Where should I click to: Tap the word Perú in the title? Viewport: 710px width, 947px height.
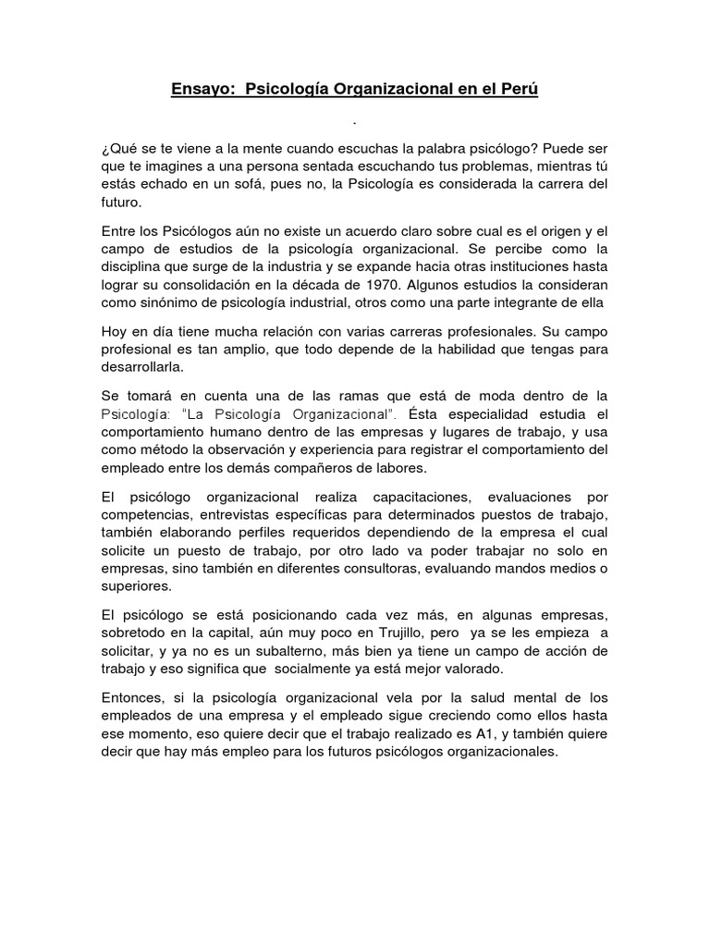click(x=515, y=90)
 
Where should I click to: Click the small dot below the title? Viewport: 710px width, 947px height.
click(x=355, y=120)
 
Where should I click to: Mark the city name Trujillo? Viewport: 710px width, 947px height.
click(x=380, y=633)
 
